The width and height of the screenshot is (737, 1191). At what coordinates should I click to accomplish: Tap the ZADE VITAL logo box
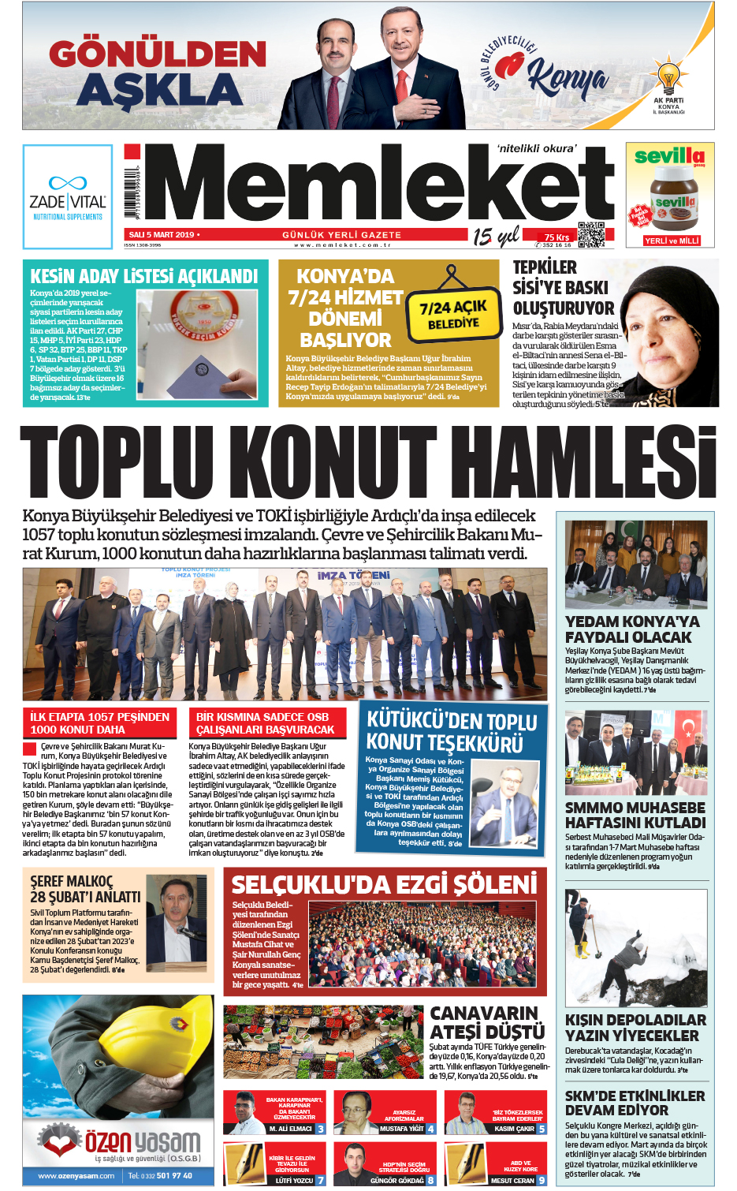click(67, 196)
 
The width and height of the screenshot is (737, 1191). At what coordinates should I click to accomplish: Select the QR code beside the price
click(591, 234)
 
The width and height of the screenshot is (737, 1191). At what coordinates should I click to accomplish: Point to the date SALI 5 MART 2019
click(162, 235)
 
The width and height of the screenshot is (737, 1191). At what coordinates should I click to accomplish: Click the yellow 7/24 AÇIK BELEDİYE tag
click(453, 314)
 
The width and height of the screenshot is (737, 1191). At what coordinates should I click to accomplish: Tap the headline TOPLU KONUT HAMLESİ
click(368, 465)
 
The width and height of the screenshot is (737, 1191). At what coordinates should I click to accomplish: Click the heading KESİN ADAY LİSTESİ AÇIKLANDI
click(144, 277)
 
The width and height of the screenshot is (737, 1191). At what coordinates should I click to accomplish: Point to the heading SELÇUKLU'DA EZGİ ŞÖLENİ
click(385, 884)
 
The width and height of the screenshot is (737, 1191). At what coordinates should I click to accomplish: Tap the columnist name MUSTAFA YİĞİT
click(402, 1129)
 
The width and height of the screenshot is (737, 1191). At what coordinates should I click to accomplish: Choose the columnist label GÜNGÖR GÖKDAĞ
click(397, 1181)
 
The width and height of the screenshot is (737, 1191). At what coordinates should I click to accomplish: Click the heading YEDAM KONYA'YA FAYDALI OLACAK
click(632, 629)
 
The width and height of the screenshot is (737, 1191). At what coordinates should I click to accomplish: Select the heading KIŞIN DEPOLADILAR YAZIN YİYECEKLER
click(635, 1027)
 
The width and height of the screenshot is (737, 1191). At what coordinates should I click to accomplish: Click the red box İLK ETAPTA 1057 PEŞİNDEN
click(100, 722)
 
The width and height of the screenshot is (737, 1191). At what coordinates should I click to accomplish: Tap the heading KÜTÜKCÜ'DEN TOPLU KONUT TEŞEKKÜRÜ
click(452, 731)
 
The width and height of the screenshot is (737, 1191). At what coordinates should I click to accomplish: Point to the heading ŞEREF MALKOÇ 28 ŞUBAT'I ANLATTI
click(85, 889)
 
